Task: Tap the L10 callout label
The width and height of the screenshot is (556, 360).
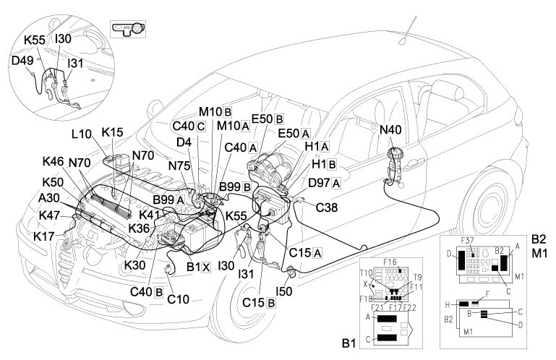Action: [82, 135]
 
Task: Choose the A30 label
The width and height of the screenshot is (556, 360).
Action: [50, 197]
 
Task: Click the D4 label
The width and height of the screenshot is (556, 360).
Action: [184, 142]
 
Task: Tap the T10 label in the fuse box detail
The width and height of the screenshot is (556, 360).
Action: [367, 274]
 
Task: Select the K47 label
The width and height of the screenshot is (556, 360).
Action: [50, 215]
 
